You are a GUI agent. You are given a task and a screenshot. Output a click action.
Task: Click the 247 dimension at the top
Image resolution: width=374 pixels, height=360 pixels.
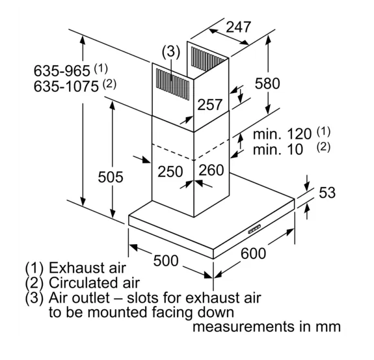click(238, 27)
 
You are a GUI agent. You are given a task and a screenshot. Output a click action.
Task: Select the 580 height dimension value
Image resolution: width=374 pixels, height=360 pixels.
click(267, 83)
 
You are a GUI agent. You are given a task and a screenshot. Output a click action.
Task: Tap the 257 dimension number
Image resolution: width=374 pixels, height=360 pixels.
click(210, 105)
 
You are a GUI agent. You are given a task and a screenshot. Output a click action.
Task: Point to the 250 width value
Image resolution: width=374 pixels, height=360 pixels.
click(170, 172)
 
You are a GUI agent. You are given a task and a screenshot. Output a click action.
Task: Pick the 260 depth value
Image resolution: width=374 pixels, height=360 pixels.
click(211, 170)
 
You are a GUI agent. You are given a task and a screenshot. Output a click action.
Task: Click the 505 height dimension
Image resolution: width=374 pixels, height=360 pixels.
click(111, 177)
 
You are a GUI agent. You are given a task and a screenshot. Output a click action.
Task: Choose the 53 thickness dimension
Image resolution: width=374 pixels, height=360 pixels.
click(327, 193)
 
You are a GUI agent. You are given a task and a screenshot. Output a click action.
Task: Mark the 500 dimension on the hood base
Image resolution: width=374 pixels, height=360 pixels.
click(166, 260)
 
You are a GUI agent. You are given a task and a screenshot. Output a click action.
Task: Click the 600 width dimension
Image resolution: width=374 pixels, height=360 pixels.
click(253, 253)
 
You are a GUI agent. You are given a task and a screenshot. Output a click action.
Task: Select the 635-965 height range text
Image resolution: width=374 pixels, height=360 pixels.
click(62, 71)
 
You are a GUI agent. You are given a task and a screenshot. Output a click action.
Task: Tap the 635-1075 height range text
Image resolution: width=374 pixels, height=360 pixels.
click(66, 86)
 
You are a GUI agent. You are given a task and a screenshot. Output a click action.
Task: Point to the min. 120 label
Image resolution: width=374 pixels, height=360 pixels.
click(282, 134)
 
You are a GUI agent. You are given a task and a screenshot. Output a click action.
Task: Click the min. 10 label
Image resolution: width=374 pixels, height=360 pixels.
click(278, 150)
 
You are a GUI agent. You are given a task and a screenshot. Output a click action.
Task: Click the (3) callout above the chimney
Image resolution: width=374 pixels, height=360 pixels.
click(171, 52)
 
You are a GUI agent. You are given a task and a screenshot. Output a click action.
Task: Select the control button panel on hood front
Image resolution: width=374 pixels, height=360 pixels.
click(254, 229)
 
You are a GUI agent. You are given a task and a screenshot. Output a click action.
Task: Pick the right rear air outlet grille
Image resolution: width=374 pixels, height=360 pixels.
click(207, 59)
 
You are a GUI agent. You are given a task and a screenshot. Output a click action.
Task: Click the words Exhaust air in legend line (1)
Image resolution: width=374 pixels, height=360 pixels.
click(87, 268)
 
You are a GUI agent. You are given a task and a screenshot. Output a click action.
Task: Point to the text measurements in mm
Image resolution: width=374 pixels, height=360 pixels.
click(267, 327)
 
